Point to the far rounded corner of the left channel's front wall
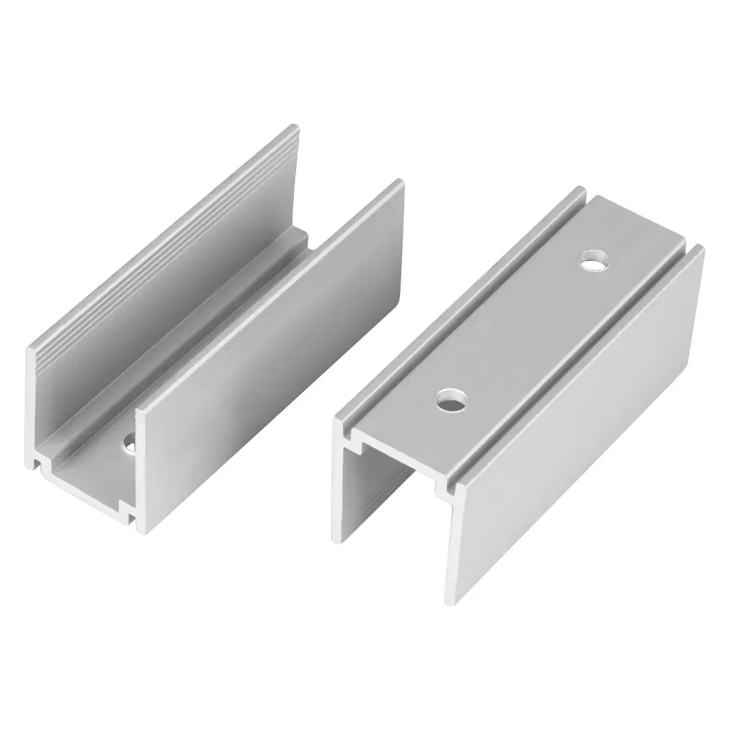pos(400,183)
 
